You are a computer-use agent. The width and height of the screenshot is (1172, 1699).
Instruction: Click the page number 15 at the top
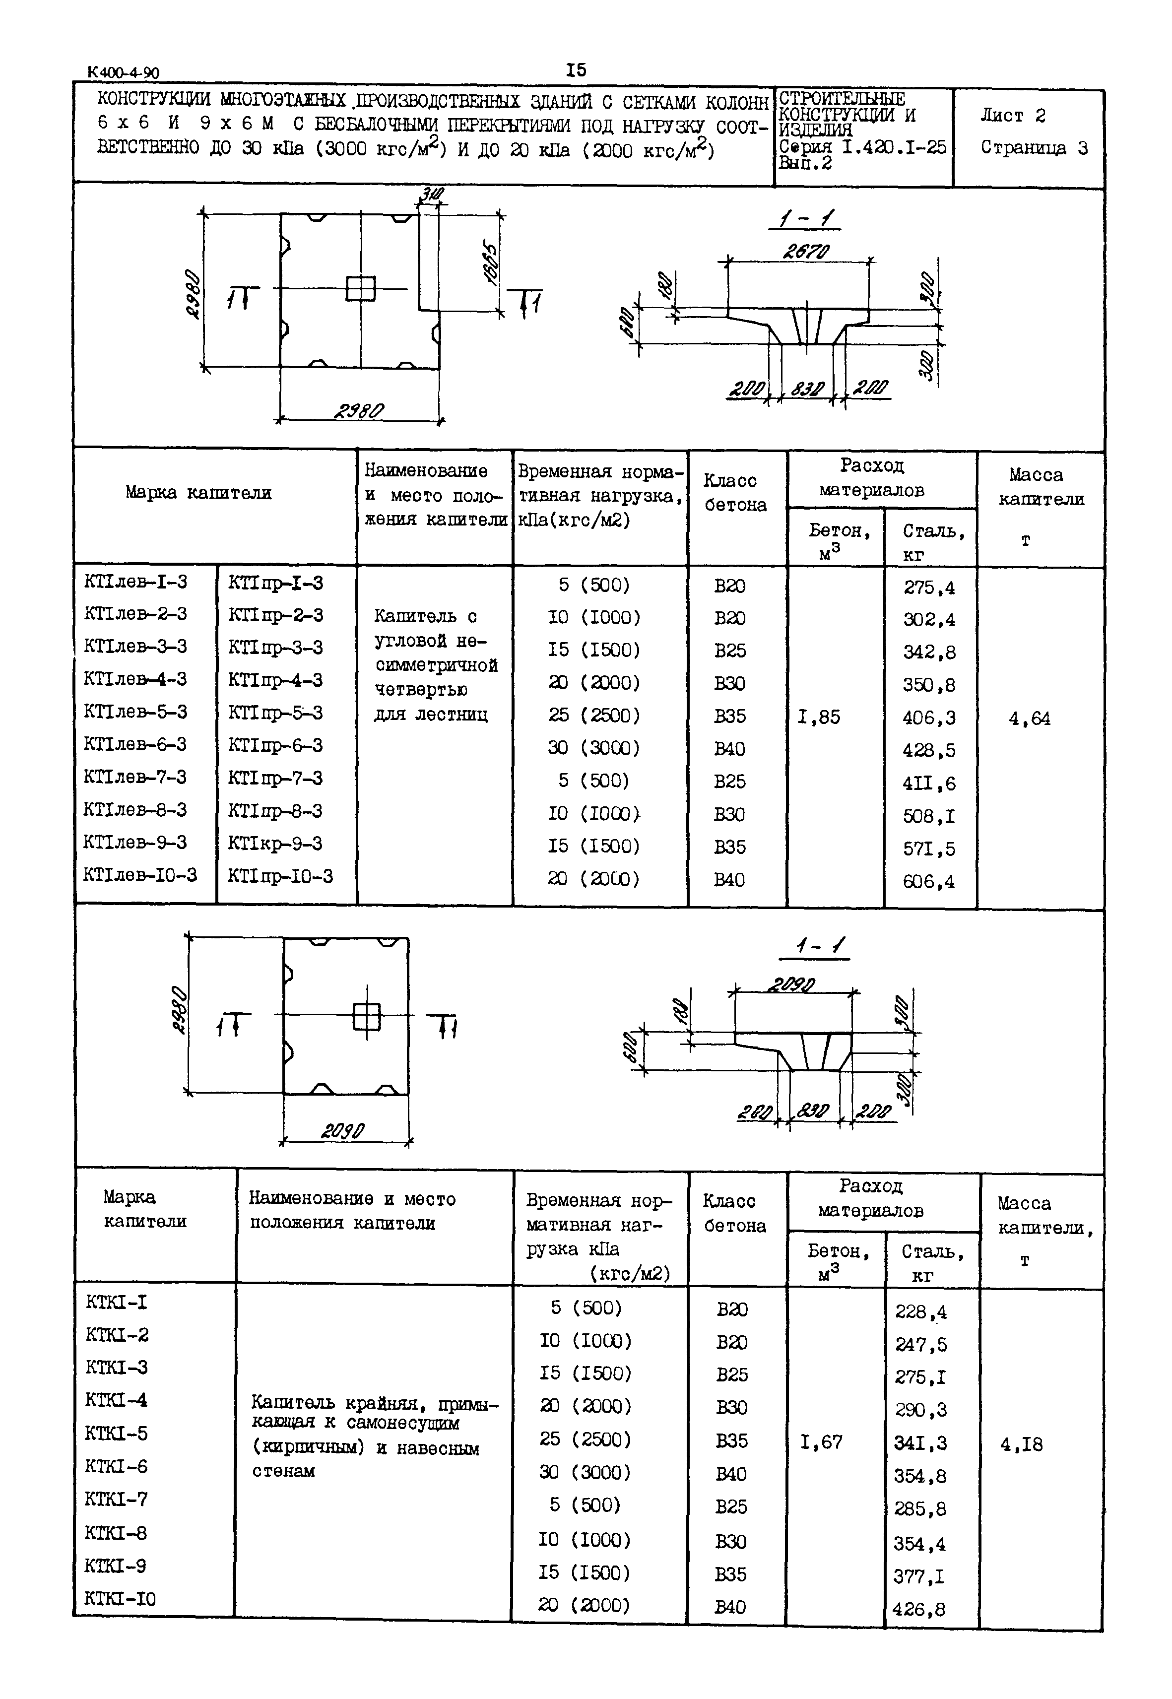pos(577,70)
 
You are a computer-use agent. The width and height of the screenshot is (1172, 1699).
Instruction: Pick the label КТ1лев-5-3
pos(136,712)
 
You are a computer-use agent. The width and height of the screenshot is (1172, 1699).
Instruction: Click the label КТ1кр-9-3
pos(275,843)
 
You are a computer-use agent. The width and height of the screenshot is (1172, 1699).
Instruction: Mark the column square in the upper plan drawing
pos(361,289)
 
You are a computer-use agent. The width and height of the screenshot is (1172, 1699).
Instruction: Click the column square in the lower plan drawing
pos(366,1017)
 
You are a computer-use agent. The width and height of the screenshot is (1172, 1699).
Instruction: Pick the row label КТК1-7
pos(116,1499)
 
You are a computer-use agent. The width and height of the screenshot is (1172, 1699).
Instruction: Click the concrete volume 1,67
pos(821,1442)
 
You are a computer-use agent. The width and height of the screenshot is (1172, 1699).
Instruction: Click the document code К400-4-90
pos(123,72)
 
